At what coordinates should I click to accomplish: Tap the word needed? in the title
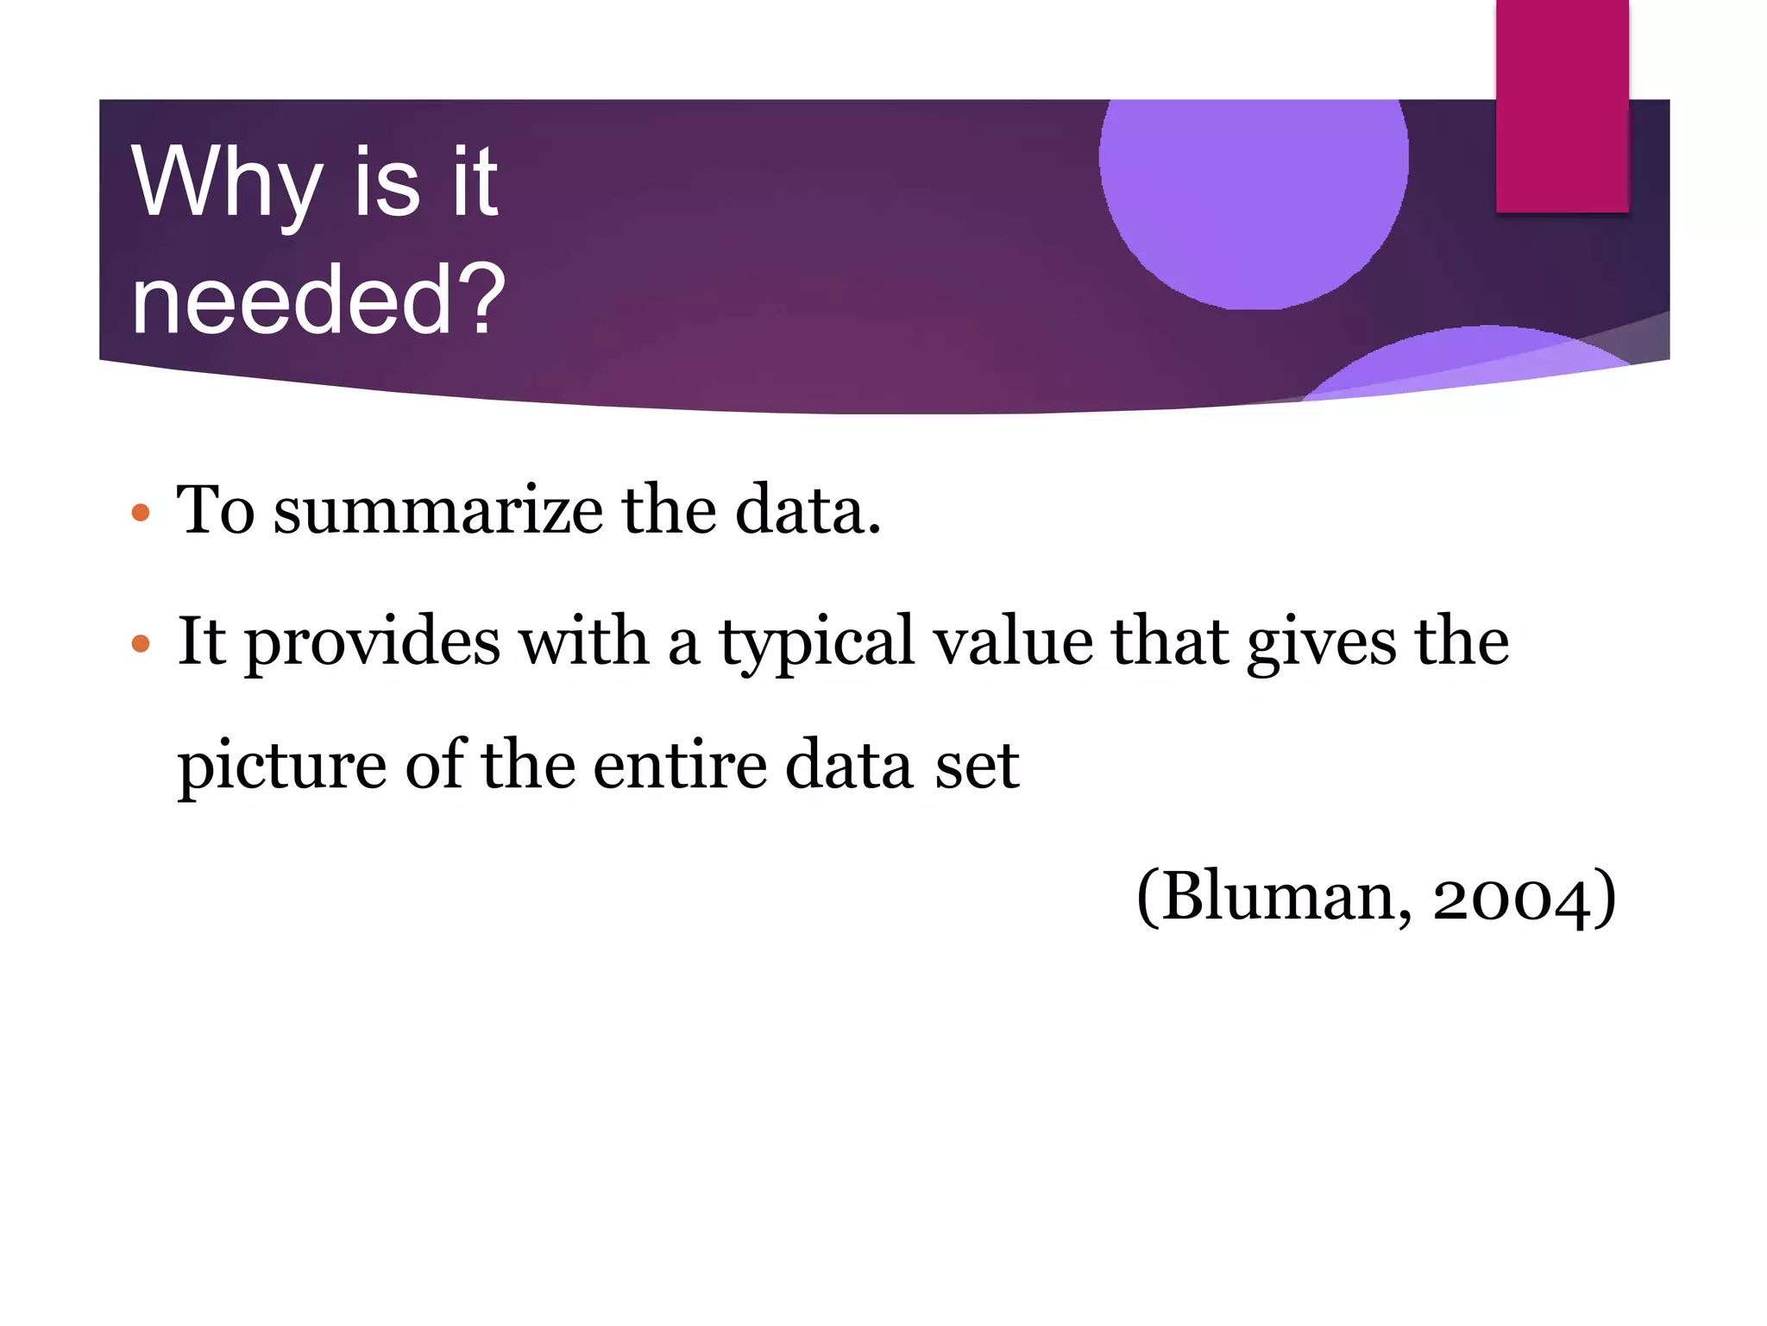tap(318, 300)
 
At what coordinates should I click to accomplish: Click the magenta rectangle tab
tap(1562, 105)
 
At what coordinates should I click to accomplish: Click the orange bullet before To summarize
tap(141, 513)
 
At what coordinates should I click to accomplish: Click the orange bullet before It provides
tap(141, 643)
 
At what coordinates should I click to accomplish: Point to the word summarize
tap(438, 510)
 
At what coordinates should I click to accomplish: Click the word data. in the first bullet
tap(808, 510)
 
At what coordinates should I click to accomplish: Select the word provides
tap(372, 643)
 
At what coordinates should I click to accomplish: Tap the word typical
tap(816, 643)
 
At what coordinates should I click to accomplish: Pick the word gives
tap(1321, 643)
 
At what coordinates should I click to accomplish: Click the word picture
tap(281, 767)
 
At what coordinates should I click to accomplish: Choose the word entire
tap(680, 765)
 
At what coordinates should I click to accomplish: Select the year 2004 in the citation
tap(1511, 898)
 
